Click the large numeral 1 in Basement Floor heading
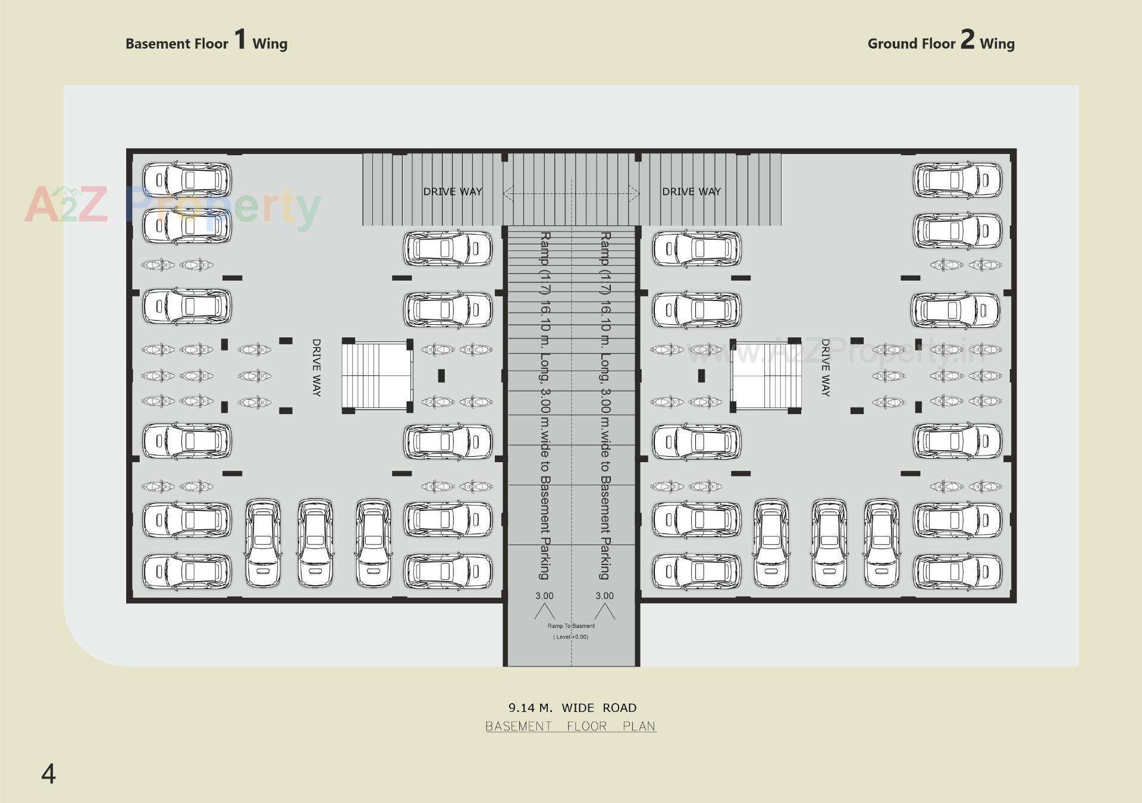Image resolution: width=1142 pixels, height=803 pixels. click(x=240, y=39)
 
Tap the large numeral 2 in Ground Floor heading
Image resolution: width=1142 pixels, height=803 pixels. click(x=967, y=39)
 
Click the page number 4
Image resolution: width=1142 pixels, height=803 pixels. click(x=48, y=774)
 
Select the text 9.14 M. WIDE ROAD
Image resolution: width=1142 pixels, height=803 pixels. click(x=572, y=708)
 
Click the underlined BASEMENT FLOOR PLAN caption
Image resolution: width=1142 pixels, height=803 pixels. click(x=571, y=726)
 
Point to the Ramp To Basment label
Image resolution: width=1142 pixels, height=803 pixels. click(x=571, y=626)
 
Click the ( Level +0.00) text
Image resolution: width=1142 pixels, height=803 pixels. click(x=571, y=637)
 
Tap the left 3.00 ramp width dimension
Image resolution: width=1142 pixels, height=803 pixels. click(x=544, y=596)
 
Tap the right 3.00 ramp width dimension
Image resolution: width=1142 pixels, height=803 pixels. click(x=604, y=596)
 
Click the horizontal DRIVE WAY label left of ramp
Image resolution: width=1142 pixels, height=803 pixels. click(x=453, y=192)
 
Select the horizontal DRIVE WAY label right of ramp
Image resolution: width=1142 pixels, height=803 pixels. click(x=691, y=192)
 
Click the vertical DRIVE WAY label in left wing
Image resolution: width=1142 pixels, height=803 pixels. click(x=316, y=368)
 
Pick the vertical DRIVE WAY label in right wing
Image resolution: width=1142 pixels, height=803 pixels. click(x=825, y=368)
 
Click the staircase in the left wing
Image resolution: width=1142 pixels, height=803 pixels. click(x=377, y=375)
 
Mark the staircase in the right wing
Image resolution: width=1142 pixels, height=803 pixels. click(x=766, y=375)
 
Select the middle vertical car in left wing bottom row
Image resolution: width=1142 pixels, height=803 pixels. click(x=315, y=542)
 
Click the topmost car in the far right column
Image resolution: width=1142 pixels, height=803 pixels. click(x=957, y=180)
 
